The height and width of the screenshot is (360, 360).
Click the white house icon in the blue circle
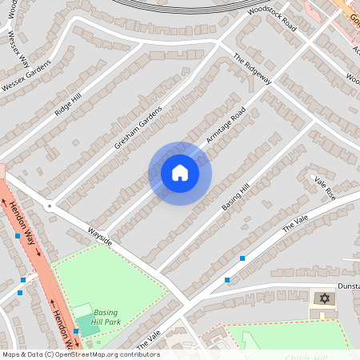[x=179, y=173]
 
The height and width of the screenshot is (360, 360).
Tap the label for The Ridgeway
[x=253, y=70]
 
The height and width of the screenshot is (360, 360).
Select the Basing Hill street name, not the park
[x=236, y=196]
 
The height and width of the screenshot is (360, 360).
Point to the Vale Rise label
[x=325, y=188]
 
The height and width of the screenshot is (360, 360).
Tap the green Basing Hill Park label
[x=106, y=317]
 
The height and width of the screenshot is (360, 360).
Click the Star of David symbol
[x=324, y=298]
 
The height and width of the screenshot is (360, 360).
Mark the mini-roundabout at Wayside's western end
[x=50, y=206]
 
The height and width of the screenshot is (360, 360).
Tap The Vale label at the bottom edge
[x=149, y=339]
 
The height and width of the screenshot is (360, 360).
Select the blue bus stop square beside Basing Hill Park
[x=76, y=330]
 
